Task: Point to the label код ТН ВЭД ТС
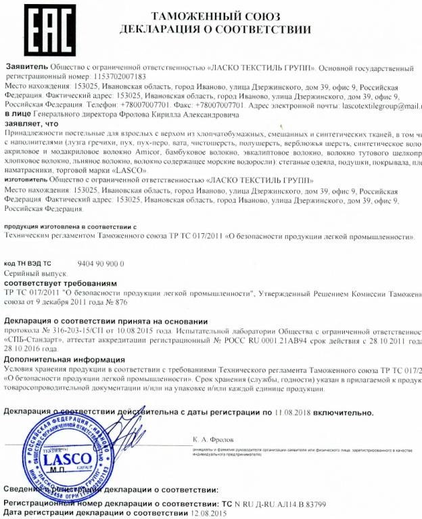click(x=28, y=262)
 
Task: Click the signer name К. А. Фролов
click(x=211, y=440)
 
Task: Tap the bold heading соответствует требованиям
click(x=60, y=282)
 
